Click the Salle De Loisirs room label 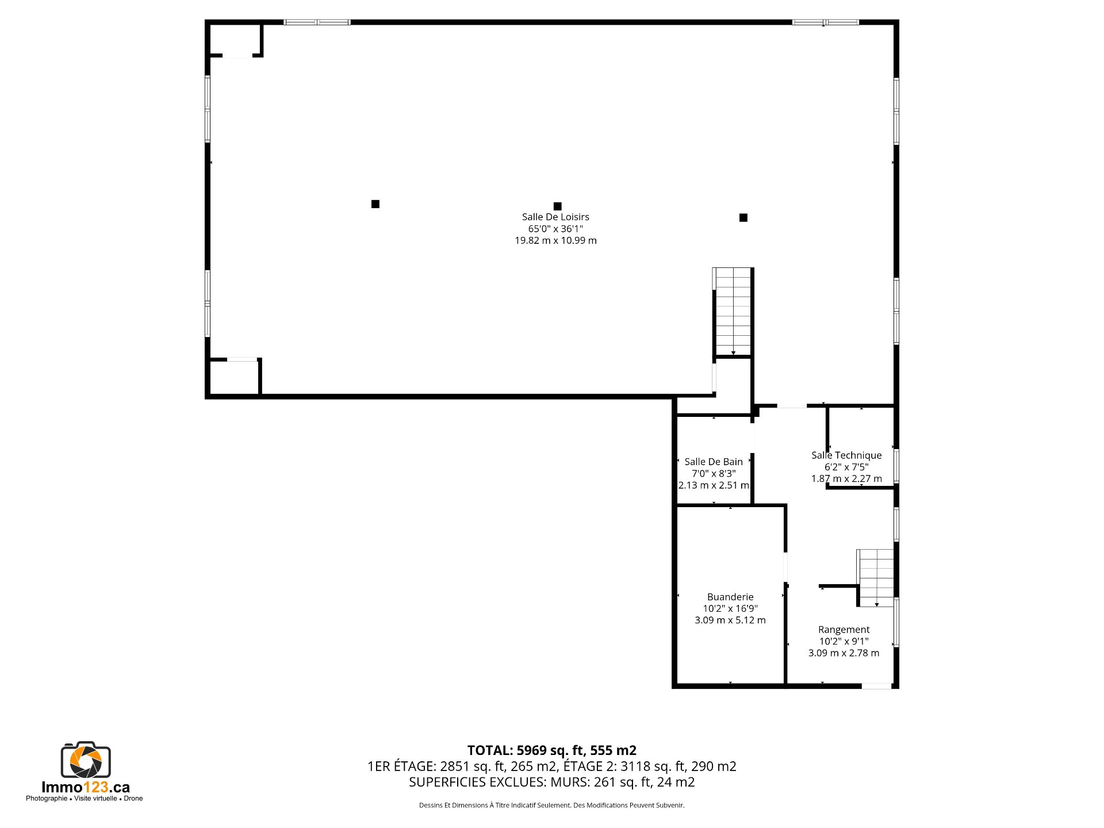tap(555, 217)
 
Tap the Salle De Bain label tap(714, 462)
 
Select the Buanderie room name tap(730, 597)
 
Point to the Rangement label tap(844, 630)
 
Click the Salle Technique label tap(846, 455)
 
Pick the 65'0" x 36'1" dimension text tap(555, 229)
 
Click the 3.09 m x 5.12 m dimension tap(730, 620)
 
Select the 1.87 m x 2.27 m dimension tap(846, 478)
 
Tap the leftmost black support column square tap(375, 204)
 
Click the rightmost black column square tap(743, 217)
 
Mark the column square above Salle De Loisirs tap(557, 206)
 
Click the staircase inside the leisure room tap(733, 311)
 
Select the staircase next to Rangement tap(876, 578)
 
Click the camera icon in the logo tap(86, 760)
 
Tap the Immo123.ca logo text tap(86, 787)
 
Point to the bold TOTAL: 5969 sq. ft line tap(552, 750)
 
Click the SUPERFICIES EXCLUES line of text tap(552, 782)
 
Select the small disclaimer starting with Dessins tap(552, 805)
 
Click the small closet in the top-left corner tap(235, 40)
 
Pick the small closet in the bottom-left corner tap(234, 378)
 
